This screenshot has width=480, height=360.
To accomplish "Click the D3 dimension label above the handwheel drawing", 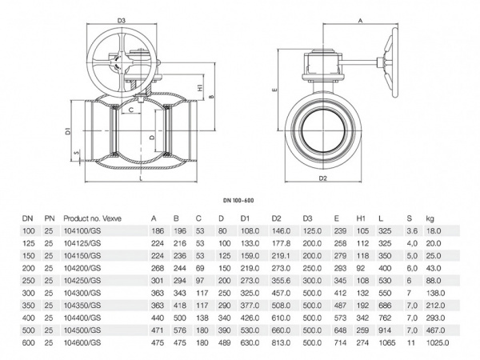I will (x=121, y=19).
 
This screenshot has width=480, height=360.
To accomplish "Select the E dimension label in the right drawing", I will (x=274, y=91).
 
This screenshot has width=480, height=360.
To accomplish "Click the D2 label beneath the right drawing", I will (x=323, y=178).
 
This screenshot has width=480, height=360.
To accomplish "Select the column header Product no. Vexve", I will (x=91, y=217).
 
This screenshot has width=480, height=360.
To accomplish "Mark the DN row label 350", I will (x=28, y=305).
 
